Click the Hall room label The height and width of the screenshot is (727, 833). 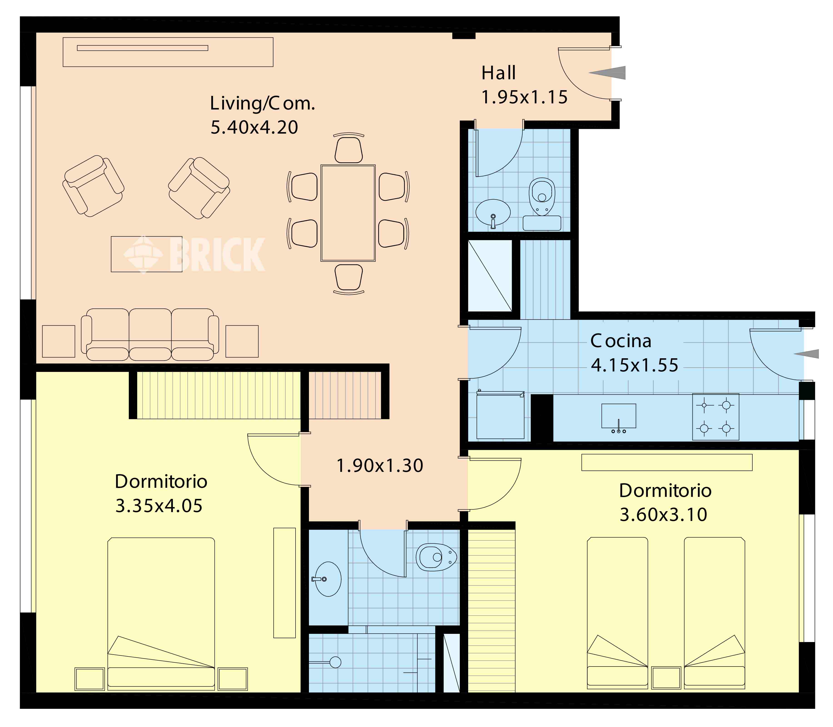tap(498, 73)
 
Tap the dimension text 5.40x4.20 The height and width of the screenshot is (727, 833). tap(254, 127)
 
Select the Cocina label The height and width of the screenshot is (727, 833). tap(621, 341)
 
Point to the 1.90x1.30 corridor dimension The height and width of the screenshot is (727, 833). tap(380, 465)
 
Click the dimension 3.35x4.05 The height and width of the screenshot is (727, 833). tap(159, 506)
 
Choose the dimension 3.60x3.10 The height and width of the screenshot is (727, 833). tap(664, 514)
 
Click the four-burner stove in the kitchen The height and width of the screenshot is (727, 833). tap(716, 417)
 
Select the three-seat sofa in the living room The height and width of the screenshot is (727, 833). tap(150, 335)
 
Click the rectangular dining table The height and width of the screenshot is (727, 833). tap(348, 213)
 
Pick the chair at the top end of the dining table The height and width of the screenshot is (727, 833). tap(348, 148)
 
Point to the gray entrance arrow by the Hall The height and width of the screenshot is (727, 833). tap(607, 73)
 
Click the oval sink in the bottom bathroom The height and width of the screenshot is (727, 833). tap(328, 579)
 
